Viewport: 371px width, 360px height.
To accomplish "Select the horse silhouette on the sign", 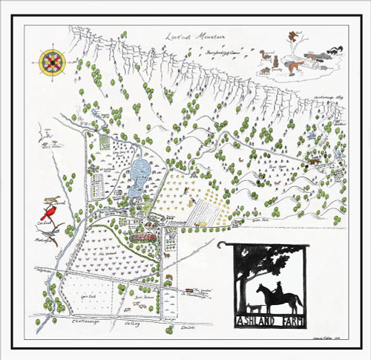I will coord(278,298).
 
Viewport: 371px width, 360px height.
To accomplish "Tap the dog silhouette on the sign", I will coord(255,309).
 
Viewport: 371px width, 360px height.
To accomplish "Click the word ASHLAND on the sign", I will coord(257,322).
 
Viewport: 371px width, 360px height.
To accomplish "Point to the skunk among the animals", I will coord(333,50).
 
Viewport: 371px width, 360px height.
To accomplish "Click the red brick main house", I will coord(142,236).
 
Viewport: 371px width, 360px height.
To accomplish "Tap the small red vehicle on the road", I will coord(190,290).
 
